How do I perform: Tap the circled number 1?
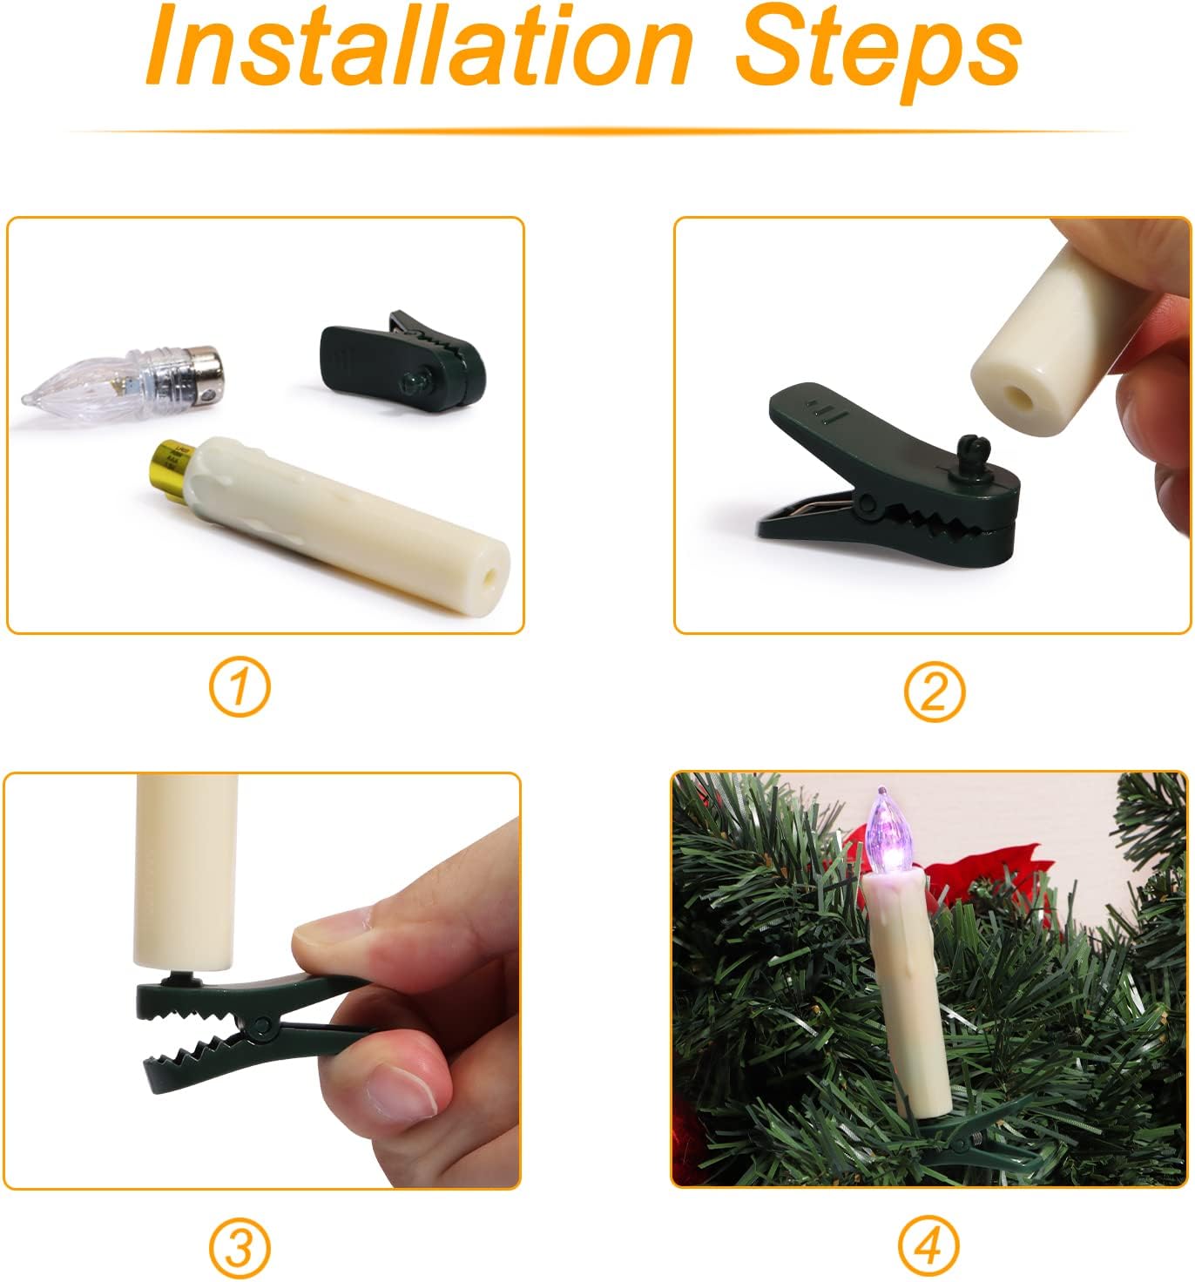point(239,687)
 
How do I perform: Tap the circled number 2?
point(935,692)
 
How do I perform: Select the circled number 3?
point(240,1247)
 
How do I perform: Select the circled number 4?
point(928,1246)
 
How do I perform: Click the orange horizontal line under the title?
point(597,131)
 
